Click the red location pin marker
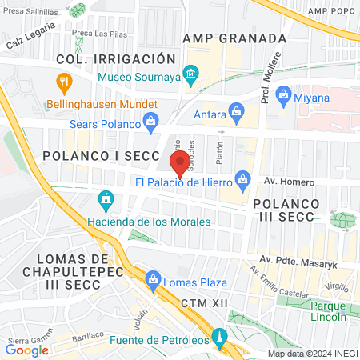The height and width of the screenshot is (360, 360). [x=180, y=164]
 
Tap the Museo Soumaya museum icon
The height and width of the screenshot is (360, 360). [x=190, y=78]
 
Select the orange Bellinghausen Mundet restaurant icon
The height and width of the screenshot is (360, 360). [x=64, y=82]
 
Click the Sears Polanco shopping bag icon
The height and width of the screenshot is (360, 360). [x=150, y=122]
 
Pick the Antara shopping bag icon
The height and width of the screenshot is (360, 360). [x=236, y=111]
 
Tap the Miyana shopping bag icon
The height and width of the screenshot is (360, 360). [x=283, y=97]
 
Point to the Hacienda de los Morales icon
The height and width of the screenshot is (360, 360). [x=105, y=198]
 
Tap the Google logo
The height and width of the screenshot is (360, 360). [x=27, y=350]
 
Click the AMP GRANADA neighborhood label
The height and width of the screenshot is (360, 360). [x=234, y=38]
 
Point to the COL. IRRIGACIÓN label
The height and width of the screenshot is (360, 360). [x=114, y=59]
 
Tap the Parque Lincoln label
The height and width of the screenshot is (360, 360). [x=328, y=310]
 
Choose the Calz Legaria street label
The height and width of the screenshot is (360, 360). [x=30, y=36]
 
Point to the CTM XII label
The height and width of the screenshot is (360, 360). [x=206, y=303]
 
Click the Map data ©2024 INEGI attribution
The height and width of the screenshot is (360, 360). [x=312, y=354]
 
